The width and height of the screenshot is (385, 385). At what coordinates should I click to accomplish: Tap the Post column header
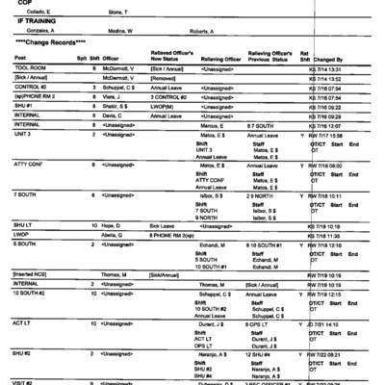tap(20, 59)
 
